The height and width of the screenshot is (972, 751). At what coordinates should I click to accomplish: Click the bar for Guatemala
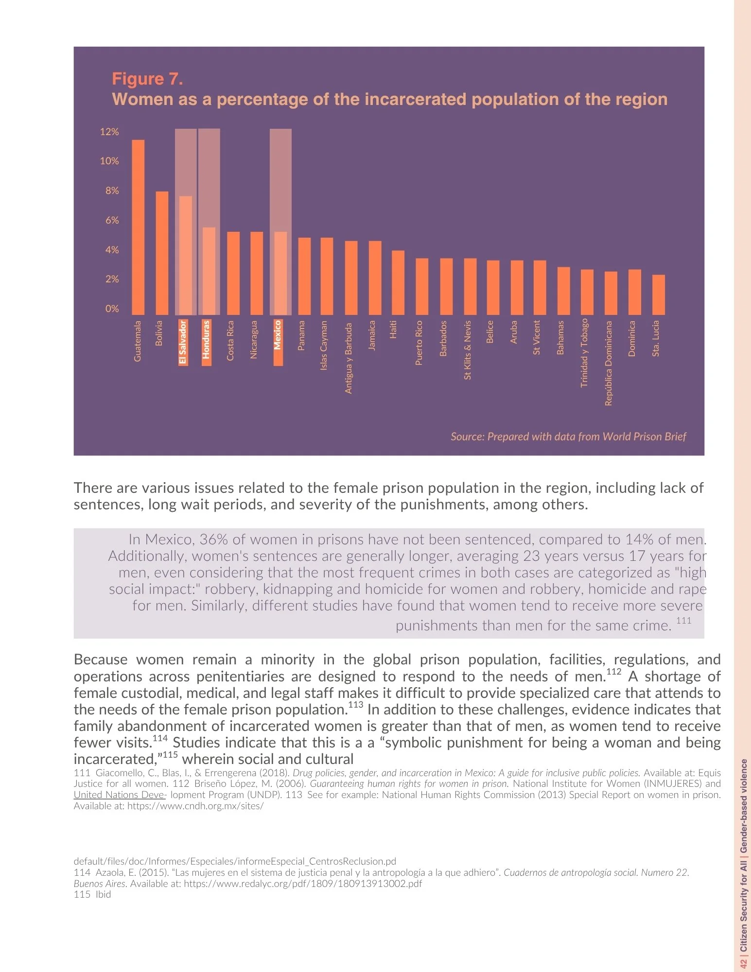[138, 227]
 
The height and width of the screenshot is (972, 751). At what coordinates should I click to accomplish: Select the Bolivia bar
[162, 253]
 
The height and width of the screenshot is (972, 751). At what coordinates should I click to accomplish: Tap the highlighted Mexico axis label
[278, 342]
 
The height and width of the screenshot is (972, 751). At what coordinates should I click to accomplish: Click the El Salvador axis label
[183, 342]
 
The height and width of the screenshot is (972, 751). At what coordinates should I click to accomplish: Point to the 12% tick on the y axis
[109, 132]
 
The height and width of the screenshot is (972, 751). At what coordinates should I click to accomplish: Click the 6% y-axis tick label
[112, 220]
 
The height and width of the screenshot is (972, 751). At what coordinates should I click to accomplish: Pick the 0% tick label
[112, 309]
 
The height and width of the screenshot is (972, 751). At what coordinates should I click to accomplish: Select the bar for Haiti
[398, 282]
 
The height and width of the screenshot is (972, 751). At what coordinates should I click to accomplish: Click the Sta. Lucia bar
[658, 295]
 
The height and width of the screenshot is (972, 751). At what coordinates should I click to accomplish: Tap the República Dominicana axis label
[609, 363]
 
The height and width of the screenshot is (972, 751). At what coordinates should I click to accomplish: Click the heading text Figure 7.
[147, 79]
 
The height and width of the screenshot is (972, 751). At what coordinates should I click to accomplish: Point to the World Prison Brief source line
[568, 436]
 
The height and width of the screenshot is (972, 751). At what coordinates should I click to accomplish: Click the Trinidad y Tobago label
[585, 352]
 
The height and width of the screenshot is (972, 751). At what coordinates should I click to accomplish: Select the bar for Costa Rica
[233, 273]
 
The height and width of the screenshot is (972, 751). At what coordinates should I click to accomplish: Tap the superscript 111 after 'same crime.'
[683, 621]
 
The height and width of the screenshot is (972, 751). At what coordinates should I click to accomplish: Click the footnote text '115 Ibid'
[92, 895]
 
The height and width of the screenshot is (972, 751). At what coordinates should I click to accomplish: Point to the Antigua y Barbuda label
[348, 358]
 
